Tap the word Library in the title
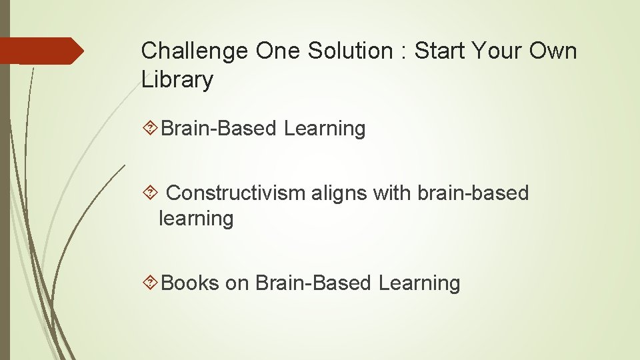tap(177, 80)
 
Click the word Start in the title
tap(440, 51)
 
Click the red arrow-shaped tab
tap(41, 51)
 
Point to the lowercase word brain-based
tap(473, 193)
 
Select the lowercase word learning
tap(196, 219)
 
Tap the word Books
tap(190, 283)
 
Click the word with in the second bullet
tap(392, 193)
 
